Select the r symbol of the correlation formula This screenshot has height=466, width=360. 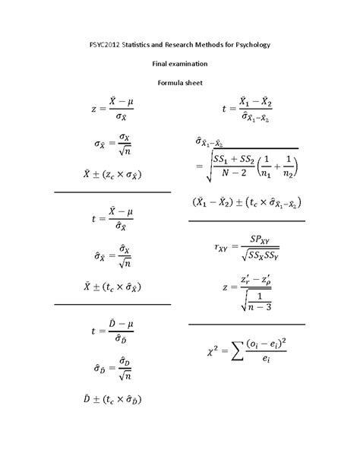click(x=219, y=248)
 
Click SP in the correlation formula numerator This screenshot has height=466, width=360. click(x=254, y=237)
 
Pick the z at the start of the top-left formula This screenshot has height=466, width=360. click(x=94, y=109)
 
